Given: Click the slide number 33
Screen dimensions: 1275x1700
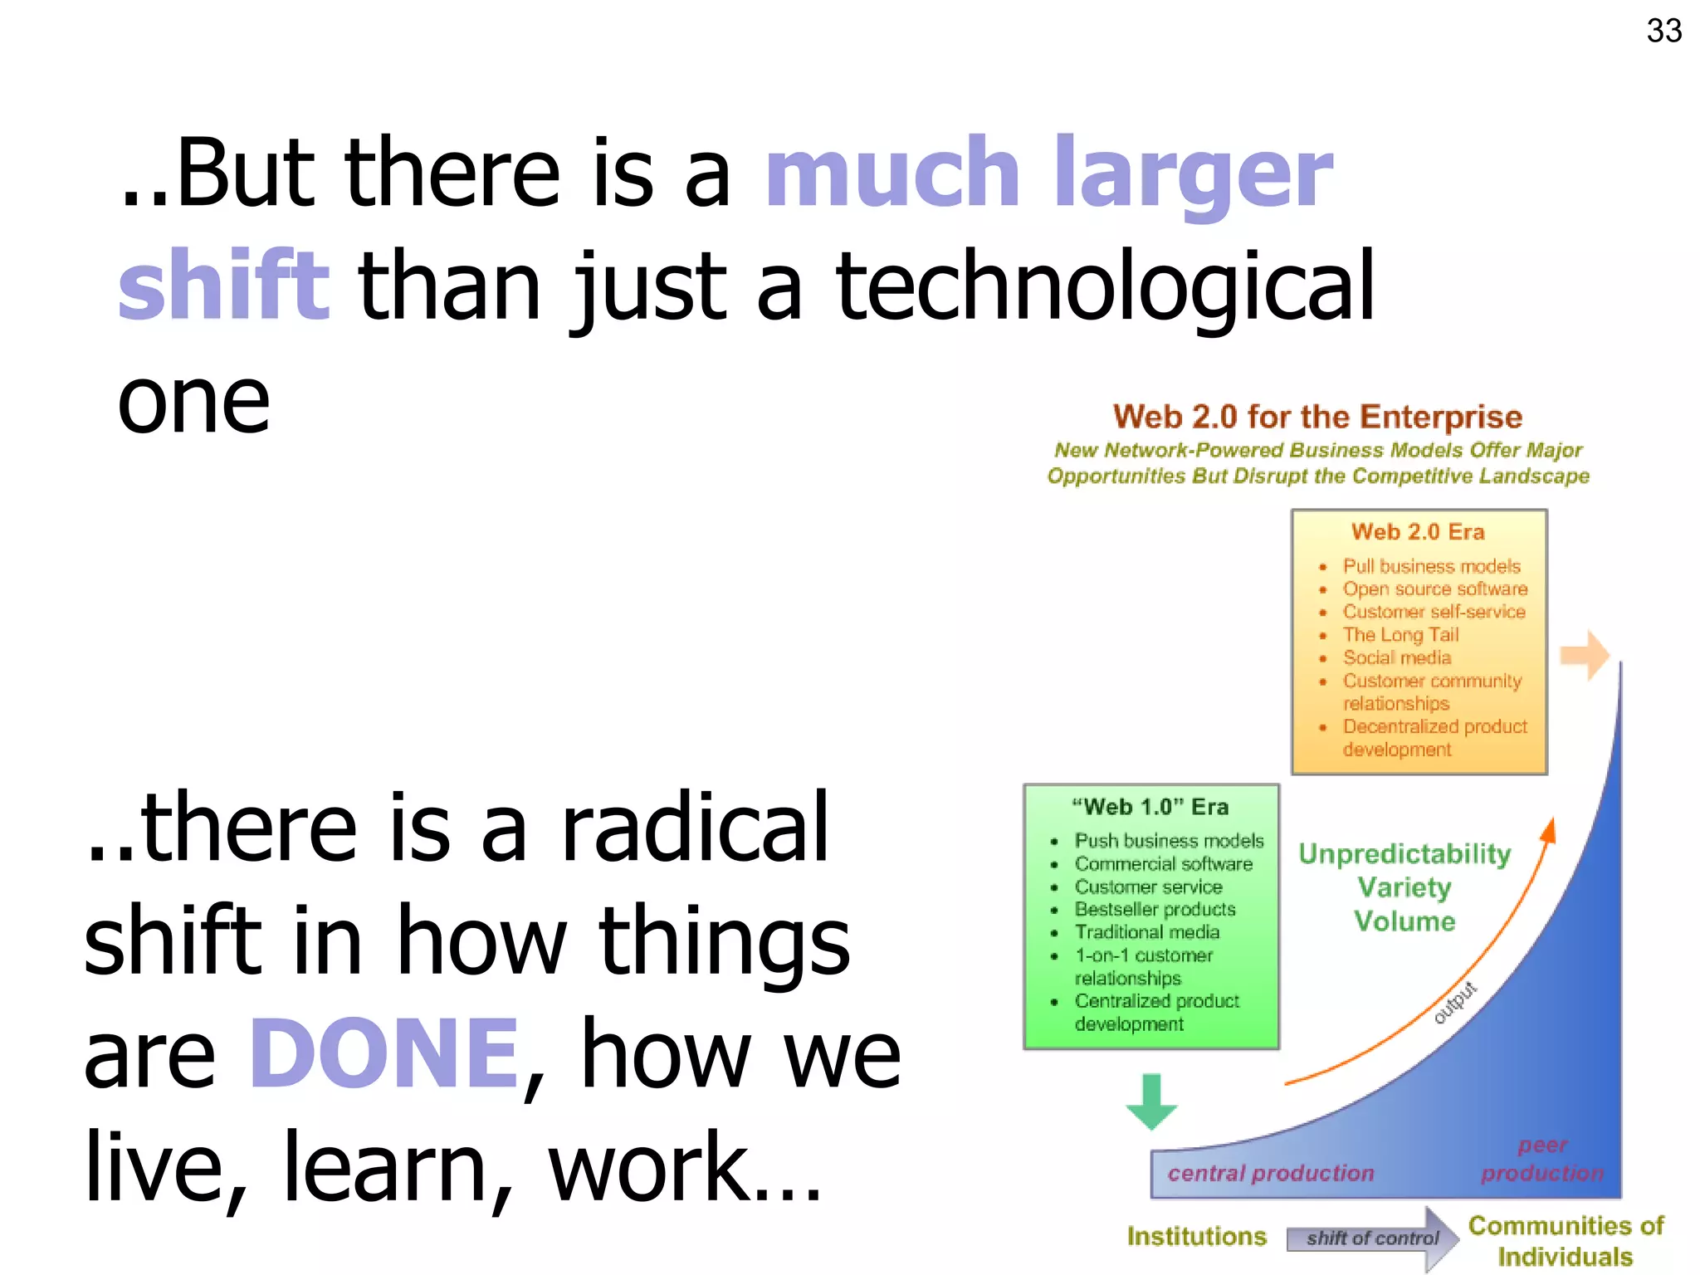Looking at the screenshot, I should click(1663, 32).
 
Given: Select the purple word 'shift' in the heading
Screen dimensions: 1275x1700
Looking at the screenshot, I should click(224, 285).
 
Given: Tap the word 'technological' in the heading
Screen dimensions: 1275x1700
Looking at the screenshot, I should click(1105, 286).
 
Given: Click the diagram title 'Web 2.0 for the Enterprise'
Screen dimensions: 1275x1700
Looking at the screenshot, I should click(1317, 417).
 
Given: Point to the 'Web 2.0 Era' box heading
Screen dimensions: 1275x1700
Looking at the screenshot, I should click(1418, 532).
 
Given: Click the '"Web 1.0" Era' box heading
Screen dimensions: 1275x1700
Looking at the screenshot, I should click(1150, 807).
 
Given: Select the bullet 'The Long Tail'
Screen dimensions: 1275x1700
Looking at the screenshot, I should click(1400, 635).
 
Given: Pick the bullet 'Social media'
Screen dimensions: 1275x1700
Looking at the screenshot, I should click(1397, 658).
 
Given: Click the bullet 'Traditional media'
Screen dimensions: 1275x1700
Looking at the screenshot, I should click(1147, 933).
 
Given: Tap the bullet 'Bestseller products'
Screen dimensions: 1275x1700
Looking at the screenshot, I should click(1155, 910).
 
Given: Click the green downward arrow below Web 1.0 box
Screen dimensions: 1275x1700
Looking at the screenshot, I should click(1151, 1102).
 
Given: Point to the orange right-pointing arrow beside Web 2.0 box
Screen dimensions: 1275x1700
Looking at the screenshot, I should click(1585, 655).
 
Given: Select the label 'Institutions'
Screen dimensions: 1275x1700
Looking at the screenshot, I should click(1196, 1237).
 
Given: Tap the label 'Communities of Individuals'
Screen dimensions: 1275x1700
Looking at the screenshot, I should click(1565, 1241).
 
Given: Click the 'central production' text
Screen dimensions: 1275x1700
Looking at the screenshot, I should click(1270, 1174).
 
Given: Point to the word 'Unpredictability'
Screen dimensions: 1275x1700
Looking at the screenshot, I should click(1404, 854).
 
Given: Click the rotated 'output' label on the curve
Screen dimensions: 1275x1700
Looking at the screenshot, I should click(1455, 1003).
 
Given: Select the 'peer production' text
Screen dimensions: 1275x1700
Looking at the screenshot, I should click(1542, 1160).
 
